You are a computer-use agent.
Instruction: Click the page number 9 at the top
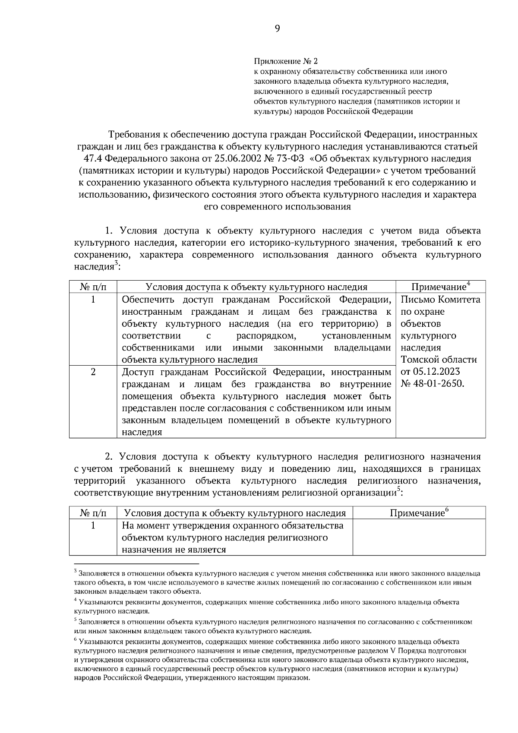point(277,29)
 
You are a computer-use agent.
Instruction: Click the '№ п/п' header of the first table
point(93,287)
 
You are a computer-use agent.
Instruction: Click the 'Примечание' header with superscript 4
point(440,287)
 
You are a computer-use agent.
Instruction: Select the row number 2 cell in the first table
point(93,372)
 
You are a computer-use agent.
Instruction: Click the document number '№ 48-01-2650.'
point(433,384)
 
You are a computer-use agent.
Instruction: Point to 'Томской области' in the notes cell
point(439,360)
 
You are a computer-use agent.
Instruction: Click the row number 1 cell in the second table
point(93,525)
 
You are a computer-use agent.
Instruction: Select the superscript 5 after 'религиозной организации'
point(398,490)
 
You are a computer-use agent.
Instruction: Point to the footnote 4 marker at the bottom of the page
point(75,600)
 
